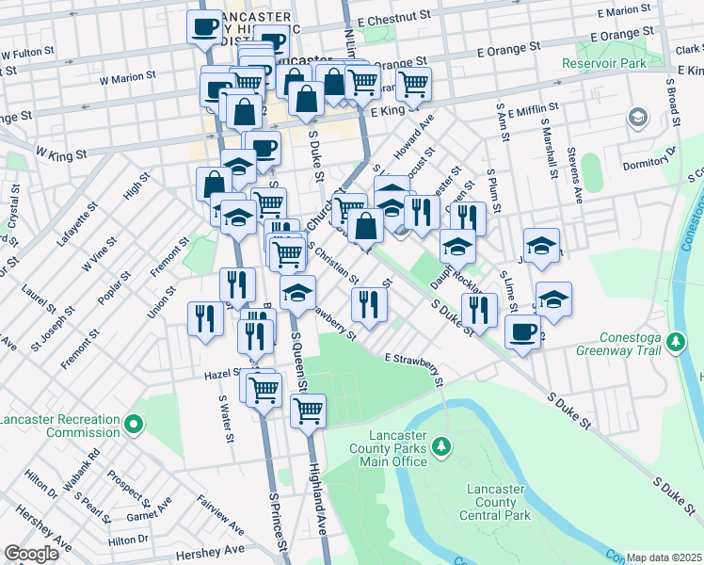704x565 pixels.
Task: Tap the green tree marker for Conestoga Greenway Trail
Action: pyautogui.click(x=675, y=340)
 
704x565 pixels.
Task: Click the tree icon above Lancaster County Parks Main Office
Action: pyautogui.click(x=439, y=444)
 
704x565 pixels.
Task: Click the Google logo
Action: pyautogui.click(x=31, y=554)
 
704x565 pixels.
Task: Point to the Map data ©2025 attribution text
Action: pyautogui.click(x=664, y=557)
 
